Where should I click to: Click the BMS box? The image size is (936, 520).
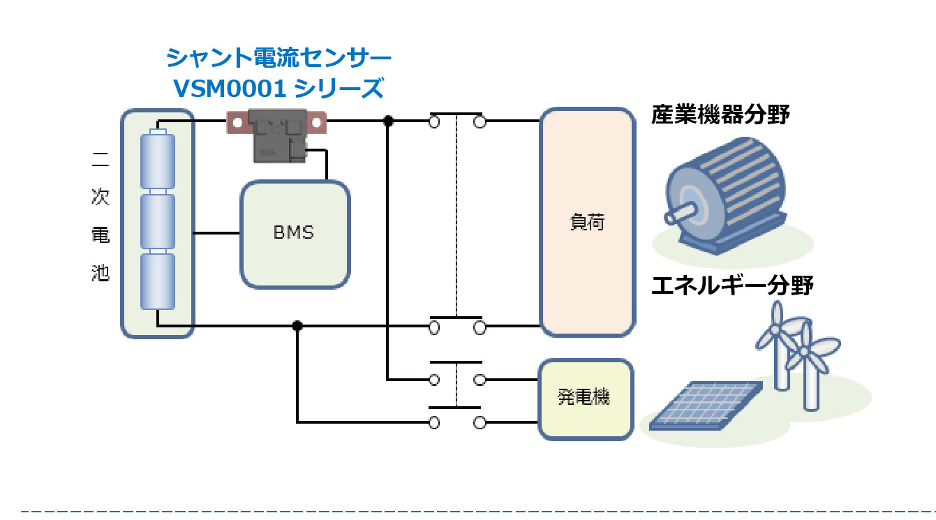(x=294, y=234)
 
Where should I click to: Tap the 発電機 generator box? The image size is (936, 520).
(x=585, y=399)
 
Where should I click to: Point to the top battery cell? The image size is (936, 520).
(x=157, y=160)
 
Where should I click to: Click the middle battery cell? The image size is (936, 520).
(x=157, y=221)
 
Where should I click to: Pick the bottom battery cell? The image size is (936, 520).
(x=157, y=281)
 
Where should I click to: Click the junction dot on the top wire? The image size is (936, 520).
(x=389, y=121)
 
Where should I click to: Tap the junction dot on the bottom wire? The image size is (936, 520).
(x=297, y=326)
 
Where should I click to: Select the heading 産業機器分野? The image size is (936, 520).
(x=720, y=114)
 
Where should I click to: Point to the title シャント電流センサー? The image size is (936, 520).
(x=278, y=57)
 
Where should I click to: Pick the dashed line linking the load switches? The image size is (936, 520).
(x=456, y=216)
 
